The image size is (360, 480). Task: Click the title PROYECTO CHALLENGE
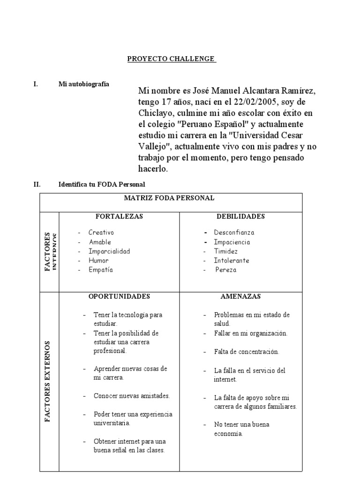pos(172,59)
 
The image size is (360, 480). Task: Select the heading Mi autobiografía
pos(83,84)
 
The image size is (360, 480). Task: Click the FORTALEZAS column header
pos(119,217)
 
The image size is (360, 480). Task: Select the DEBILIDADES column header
pos(240,217)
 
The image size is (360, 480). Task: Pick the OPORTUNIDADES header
pos(119,297)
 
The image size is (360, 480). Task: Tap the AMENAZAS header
pos(240,297)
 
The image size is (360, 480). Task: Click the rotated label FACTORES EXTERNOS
pos(48,382)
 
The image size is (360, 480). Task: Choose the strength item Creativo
pos(101,232)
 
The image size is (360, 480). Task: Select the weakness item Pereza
pos(226,270)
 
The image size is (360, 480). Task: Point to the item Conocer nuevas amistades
pos(131,396)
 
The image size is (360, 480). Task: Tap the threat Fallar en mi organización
pos(250,333)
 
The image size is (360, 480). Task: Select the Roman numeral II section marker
pos(37,185)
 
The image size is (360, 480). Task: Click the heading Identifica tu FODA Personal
pos(102,185)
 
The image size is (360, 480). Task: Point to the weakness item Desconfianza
pos(234,232)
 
